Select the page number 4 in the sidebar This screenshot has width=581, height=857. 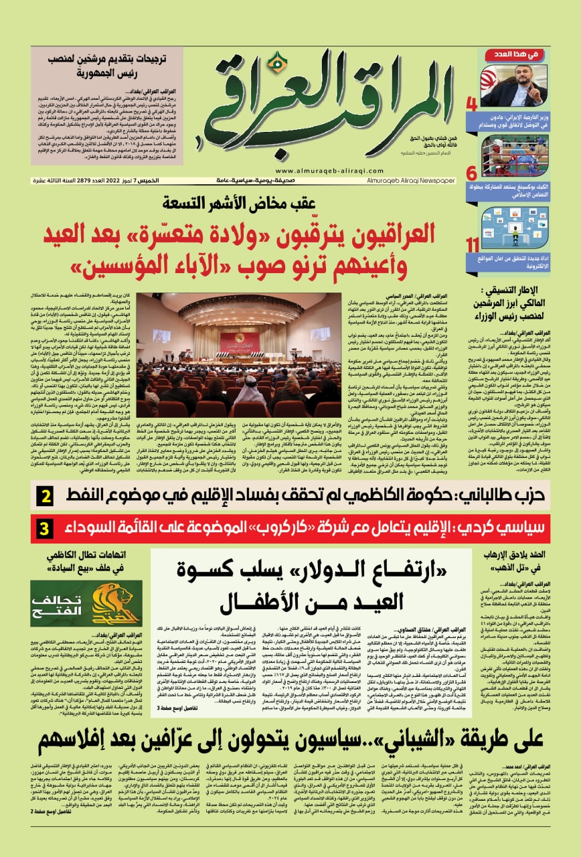[471, 104]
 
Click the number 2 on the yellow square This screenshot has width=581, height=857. [45, 497]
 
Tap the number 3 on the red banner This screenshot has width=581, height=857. [44, 529]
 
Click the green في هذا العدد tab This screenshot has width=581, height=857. [516, 52]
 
